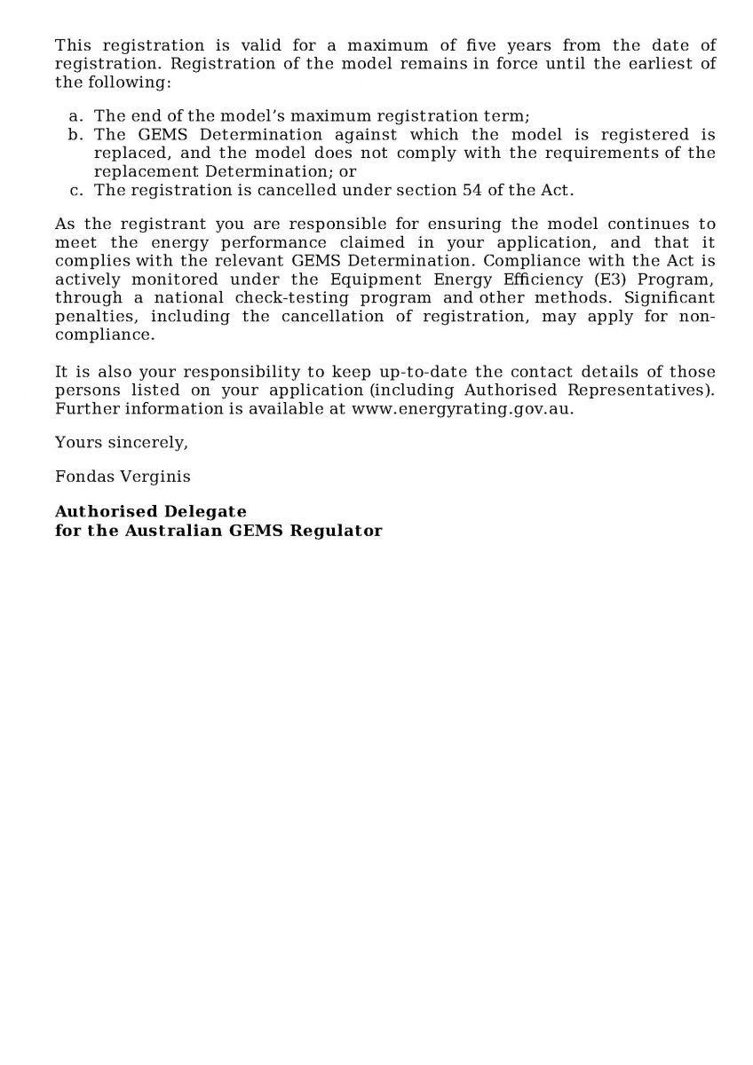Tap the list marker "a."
click(x=76, y=116)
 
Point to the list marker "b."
click(x=76, y=135)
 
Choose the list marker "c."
click(x=76, y=190)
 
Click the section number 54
click(x=472, y=190)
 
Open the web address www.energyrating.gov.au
click(x=463, y=409)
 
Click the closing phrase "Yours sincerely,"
click(x=121, y=442)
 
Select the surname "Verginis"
click(x=161, y=477)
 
